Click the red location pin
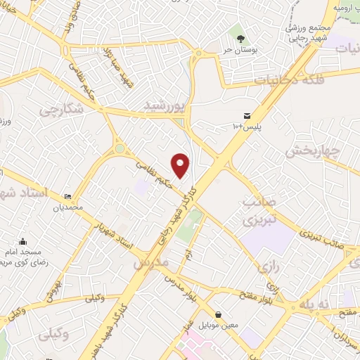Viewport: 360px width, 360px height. [181, 165]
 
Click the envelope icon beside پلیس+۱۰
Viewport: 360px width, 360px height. [246, 115]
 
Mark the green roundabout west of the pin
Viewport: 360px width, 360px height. [119, 148]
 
